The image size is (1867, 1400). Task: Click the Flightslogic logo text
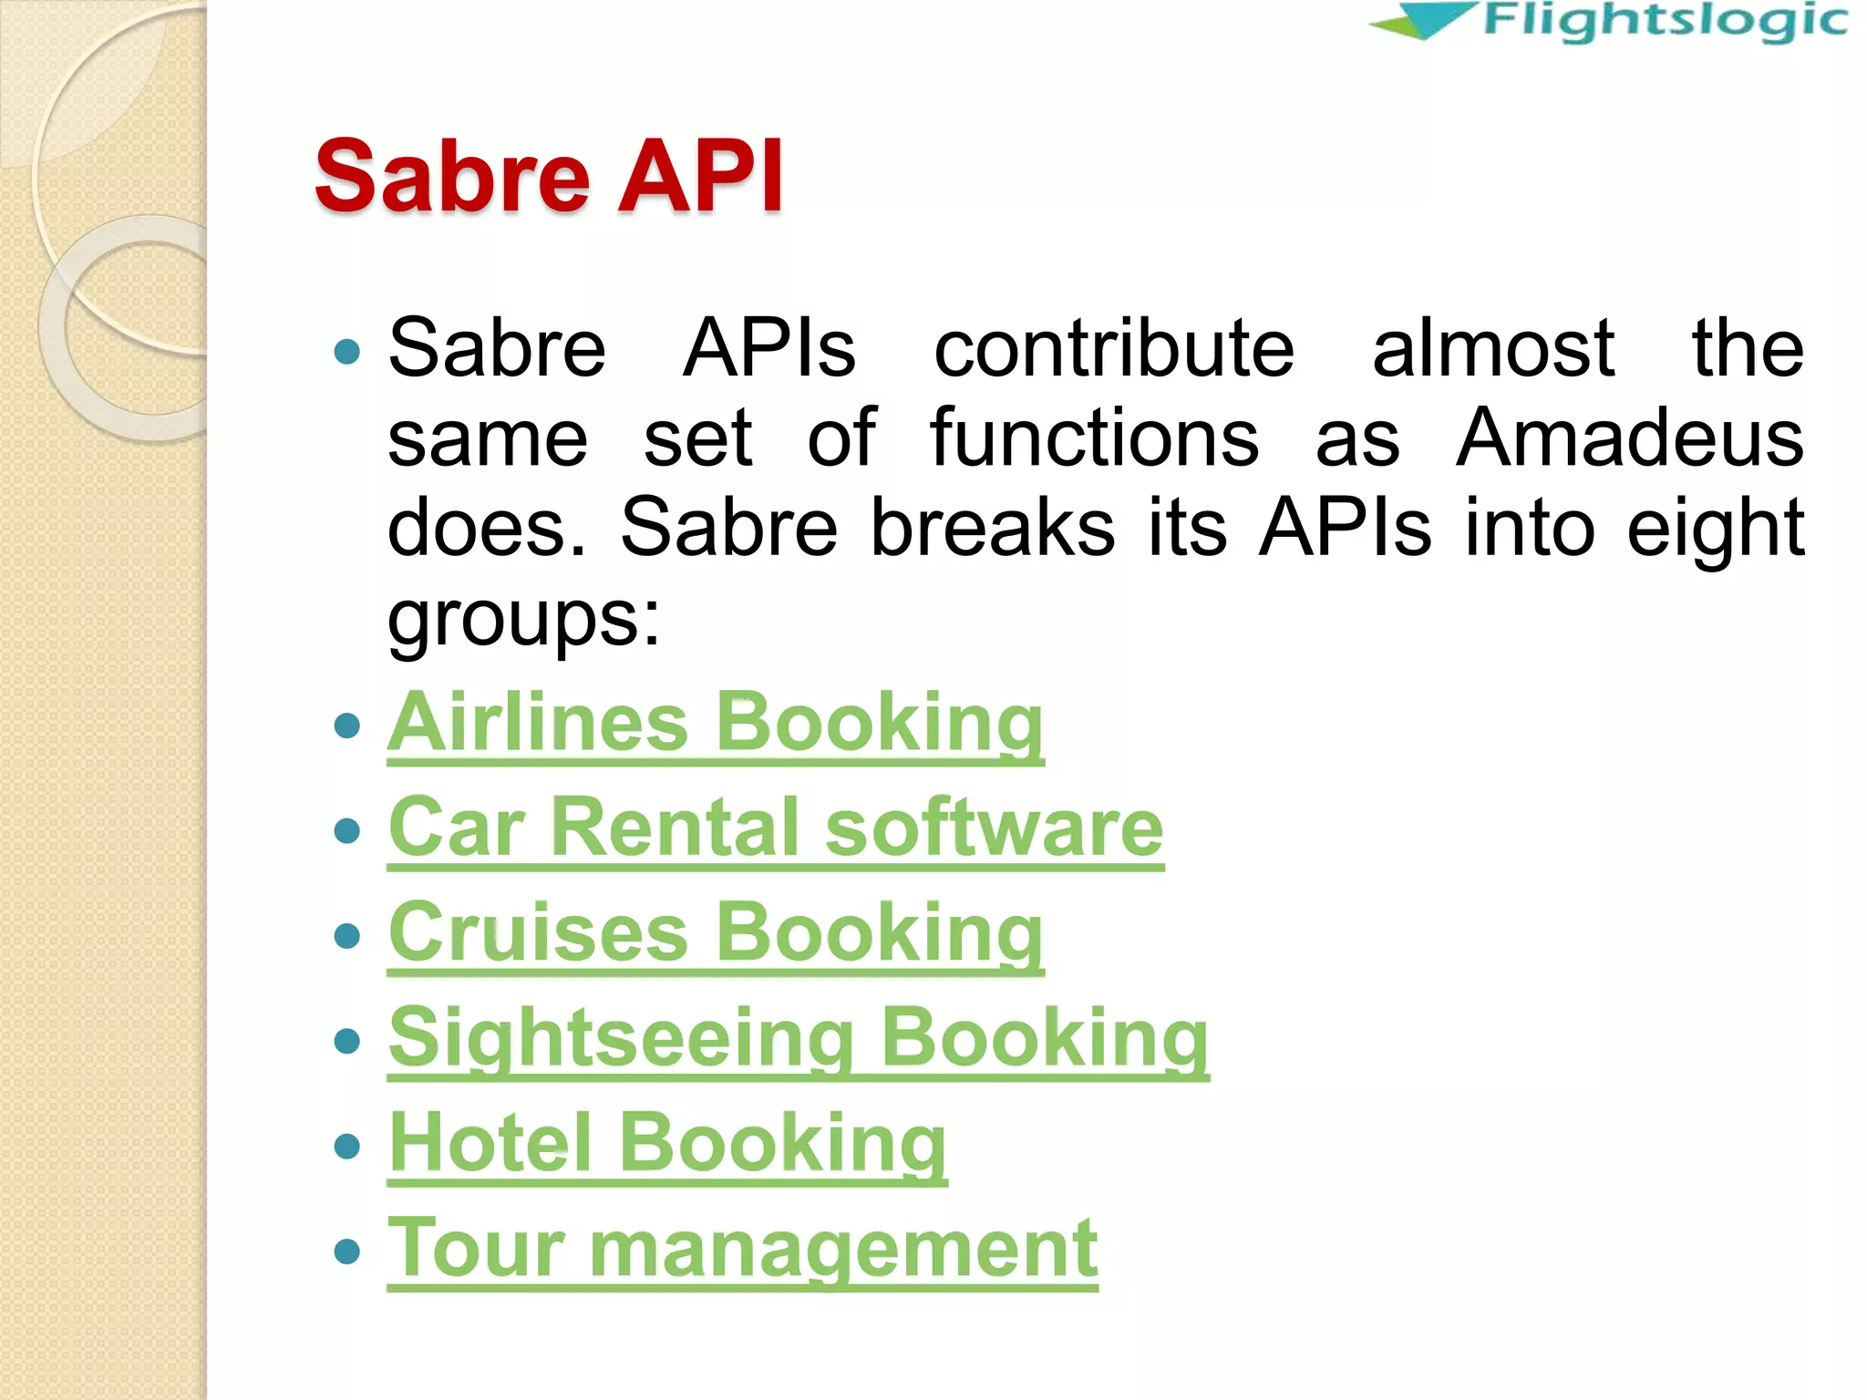(x=1665, y=21)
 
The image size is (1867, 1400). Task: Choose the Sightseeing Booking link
(x=799, y=1038)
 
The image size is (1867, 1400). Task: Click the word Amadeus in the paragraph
(x=1629, y=438)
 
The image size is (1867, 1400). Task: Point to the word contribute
(x=1114, y=348)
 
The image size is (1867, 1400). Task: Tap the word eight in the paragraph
(x=1716, y=529)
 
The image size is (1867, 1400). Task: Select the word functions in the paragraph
(x=1094, y=438)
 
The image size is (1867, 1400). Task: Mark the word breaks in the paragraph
(x=992, y=528)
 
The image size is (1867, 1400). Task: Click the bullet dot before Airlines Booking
(x=347, y=726)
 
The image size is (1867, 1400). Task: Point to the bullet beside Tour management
(x=347, y=1251)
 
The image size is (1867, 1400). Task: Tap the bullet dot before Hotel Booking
(x=347, y=1146)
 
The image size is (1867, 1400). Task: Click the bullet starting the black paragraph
(x=347, y=351)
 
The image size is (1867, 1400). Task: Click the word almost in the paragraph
(x=1493, y=348)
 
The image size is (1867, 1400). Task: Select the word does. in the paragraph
(x=486, y=528)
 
